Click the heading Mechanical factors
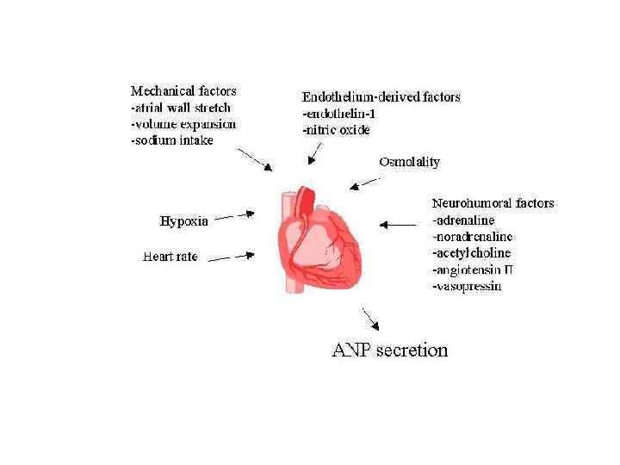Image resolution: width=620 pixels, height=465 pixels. point(183,90)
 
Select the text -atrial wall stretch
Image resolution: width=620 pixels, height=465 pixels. point(181,108)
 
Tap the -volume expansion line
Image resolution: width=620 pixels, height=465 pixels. point(183,124)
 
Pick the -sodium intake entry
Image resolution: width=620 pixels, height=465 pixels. point(172,140)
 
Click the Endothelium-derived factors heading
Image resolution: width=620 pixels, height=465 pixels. point(381,96)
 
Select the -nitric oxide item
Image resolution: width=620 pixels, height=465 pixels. point(336,130)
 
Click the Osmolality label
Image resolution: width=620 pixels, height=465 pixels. point(409,162)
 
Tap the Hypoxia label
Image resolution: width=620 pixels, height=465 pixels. point(184,221)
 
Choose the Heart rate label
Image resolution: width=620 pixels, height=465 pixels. point(170,256)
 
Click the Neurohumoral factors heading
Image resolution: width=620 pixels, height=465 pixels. point(493,203)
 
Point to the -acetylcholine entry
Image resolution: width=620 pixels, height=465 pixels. point(471,252)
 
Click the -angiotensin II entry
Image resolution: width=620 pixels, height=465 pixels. point(472,269)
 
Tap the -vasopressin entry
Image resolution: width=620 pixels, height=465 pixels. point(466,285)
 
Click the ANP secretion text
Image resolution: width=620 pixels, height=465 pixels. point(390,350)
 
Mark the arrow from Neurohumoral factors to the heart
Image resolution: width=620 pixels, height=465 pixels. point(397,225)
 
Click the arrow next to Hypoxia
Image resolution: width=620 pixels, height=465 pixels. point(234,216)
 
